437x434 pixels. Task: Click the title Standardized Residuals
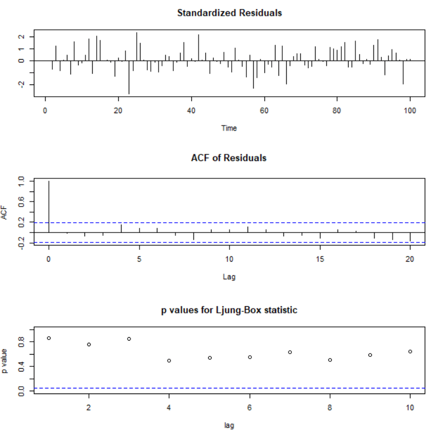[229, 12]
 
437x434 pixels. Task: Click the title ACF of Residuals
[229, 158]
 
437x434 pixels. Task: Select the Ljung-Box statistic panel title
[229, 310]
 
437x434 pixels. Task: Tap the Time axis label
[229, 128]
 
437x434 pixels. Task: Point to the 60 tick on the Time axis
[264, 110]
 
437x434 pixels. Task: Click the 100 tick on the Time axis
[410, 110]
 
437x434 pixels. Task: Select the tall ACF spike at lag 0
[49, 206]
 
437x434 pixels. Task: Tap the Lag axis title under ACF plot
[229, 277]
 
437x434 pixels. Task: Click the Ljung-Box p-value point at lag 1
[49, 338]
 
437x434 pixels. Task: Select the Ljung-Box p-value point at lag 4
[169, 360]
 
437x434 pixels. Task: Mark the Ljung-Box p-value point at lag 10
[410, 351]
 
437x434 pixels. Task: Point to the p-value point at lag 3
[129, 338]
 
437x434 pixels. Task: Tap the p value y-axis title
[7, 360]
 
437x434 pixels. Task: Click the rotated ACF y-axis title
[7, 213]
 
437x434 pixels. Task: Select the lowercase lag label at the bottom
[229, 426]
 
